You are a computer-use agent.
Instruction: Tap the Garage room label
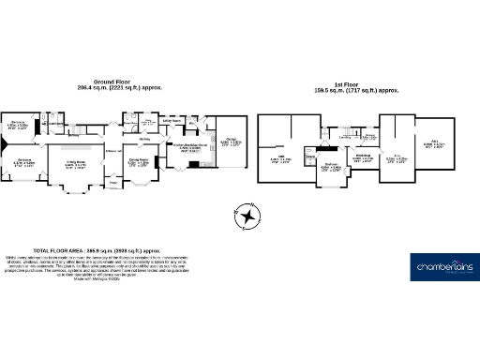(230, 141)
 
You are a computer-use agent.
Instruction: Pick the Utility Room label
(172, 121)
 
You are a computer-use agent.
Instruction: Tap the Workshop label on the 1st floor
(363, 157)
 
